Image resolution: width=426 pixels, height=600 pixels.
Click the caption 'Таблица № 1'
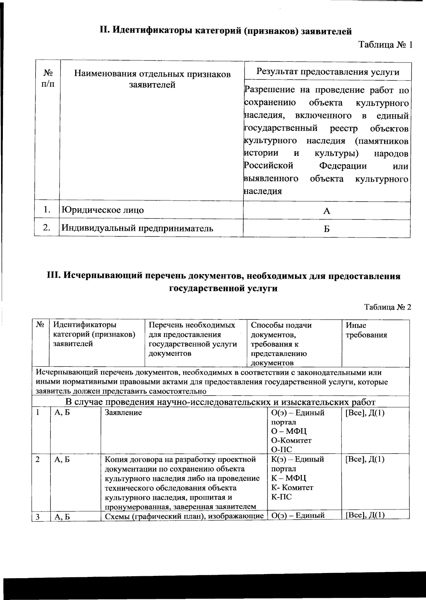(x=385, y=45)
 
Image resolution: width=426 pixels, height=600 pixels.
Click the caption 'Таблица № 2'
(x=387, y=307)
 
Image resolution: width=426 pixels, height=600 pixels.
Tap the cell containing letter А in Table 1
(x=327, y=211)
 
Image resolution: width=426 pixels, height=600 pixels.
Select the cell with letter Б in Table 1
(x=327, y=229)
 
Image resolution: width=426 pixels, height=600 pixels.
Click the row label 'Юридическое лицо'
(x=103, y=210)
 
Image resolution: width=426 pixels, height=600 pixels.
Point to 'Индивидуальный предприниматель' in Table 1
(x=137, y=228)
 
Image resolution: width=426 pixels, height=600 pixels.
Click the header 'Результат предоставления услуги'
(x=328, y=72)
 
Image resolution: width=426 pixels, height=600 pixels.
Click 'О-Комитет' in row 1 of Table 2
(x=291, y=441)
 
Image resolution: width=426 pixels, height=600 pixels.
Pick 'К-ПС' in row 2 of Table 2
(x=282, y=497)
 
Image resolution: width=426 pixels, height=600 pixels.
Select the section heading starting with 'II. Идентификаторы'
(x=225, y=31)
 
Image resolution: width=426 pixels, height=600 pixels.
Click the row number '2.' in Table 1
(x=47, y=228)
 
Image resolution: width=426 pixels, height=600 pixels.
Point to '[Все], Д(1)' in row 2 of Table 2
(x=365, y=459)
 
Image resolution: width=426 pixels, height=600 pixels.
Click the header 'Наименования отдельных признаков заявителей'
(x=152, y=79)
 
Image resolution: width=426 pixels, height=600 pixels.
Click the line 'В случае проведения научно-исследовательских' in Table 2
(x=220, y=402)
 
